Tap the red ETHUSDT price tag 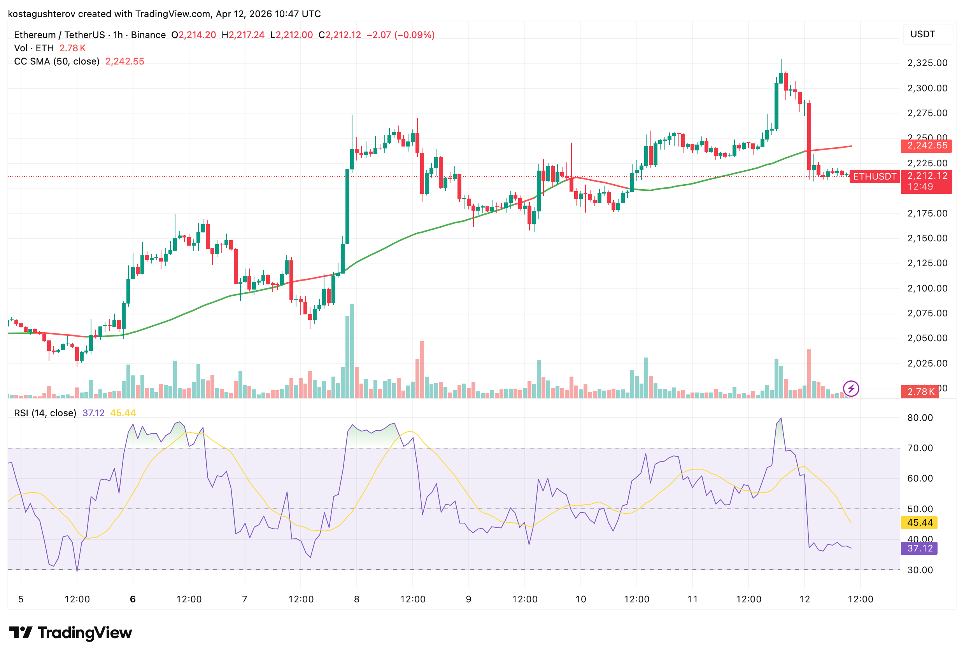click(x=875, y=176)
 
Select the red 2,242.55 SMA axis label click(x=927, y=145)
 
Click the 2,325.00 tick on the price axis click(x=927, y=63)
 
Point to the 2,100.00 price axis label click(x=927, y=288)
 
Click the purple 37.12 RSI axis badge click(x=919, y=548)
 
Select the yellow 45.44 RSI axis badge click(x=919, y=523)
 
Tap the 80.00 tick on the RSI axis click(x=920, y=418)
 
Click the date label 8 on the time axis click(x=356, y=599)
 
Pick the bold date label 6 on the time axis click(x=133, y=599)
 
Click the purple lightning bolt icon click(x=851, y=389)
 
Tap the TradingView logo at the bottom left click(x=70, y=633)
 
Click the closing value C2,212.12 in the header click(x=340, y=35)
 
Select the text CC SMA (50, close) click(x=57, y=61)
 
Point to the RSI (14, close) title click(x=45, y=413)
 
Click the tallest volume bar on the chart click(x=352, y=351)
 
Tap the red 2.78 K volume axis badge click(x=920, y=392)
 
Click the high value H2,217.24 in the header click(x=243, y=35)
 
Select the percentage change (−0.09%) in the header click(x=414, y=35)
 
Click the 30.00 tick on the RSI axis click(x=920, y=570)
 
